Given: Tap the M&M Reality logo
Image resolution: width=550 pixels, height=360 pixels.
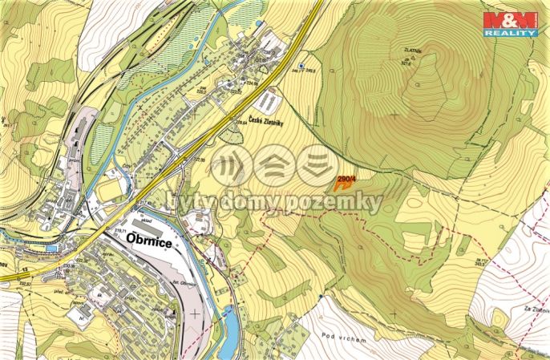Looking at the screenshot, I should [x=509, y=24].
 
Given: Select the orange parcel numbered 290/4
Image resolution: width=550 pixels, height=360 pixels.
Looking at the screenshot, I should [x=343, y=182].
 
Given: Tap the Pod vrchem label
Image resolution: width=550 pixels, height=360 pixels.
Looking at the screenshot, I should [x=347, y=339].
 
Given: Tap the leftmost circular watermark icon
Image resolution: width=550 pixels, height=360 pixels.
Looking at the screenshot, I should [x=232, y=165].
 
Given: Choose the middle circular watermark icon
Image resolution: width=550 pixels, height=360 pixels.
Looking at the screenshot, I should [x=273, y=165].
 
